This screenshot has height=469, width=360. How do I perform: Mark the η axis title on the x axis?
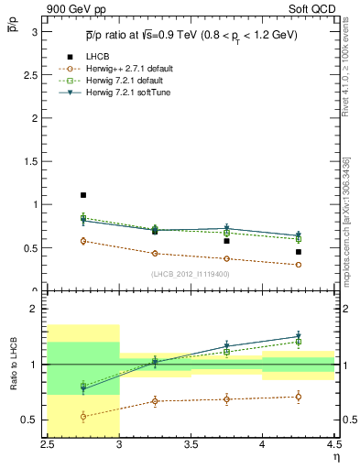pos(336,455)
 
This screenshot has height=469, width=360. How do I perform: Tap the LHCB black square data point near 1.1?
pos(82,195)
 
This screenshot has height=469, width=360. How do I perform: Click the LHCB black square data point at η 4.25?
pos(298,252)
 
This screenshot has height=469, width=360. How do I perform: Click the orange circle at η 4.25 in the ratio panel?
pos(298,397)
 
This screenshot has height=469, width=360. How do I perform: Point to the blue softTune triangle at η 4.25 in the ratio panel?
pos(298,337)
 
